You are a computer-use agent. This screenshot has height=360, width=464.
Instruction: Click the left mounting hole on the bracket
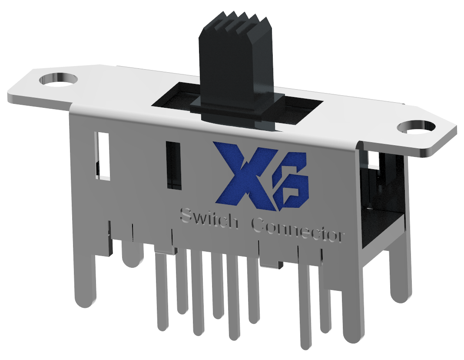(58, 80)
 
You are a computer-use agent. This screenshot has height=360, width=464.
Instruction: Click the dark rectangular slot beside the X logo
(173, 165)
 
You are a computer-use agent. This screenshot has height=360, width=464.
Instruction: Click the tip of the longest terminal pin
(306, 343)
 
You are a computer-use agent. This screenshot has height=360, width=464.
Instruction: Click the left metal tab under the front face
(165, 249)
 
